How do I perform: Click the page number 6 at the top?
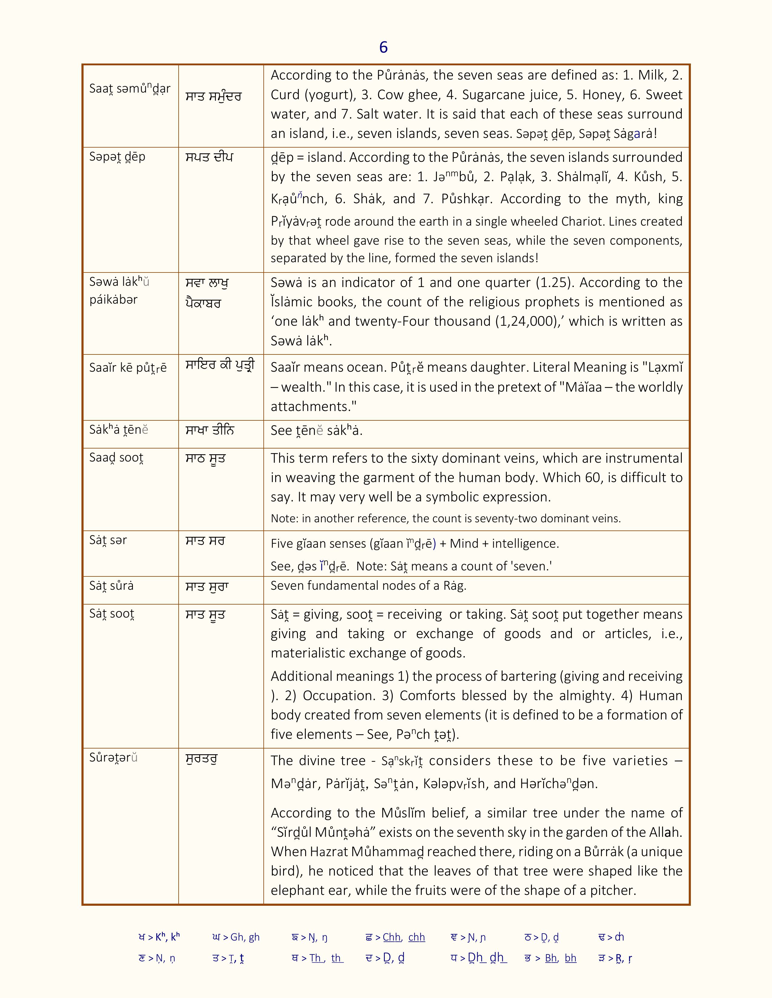[383, 47]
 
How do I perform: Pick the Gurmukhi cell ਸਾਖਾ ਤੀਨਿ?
[210, 430]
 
